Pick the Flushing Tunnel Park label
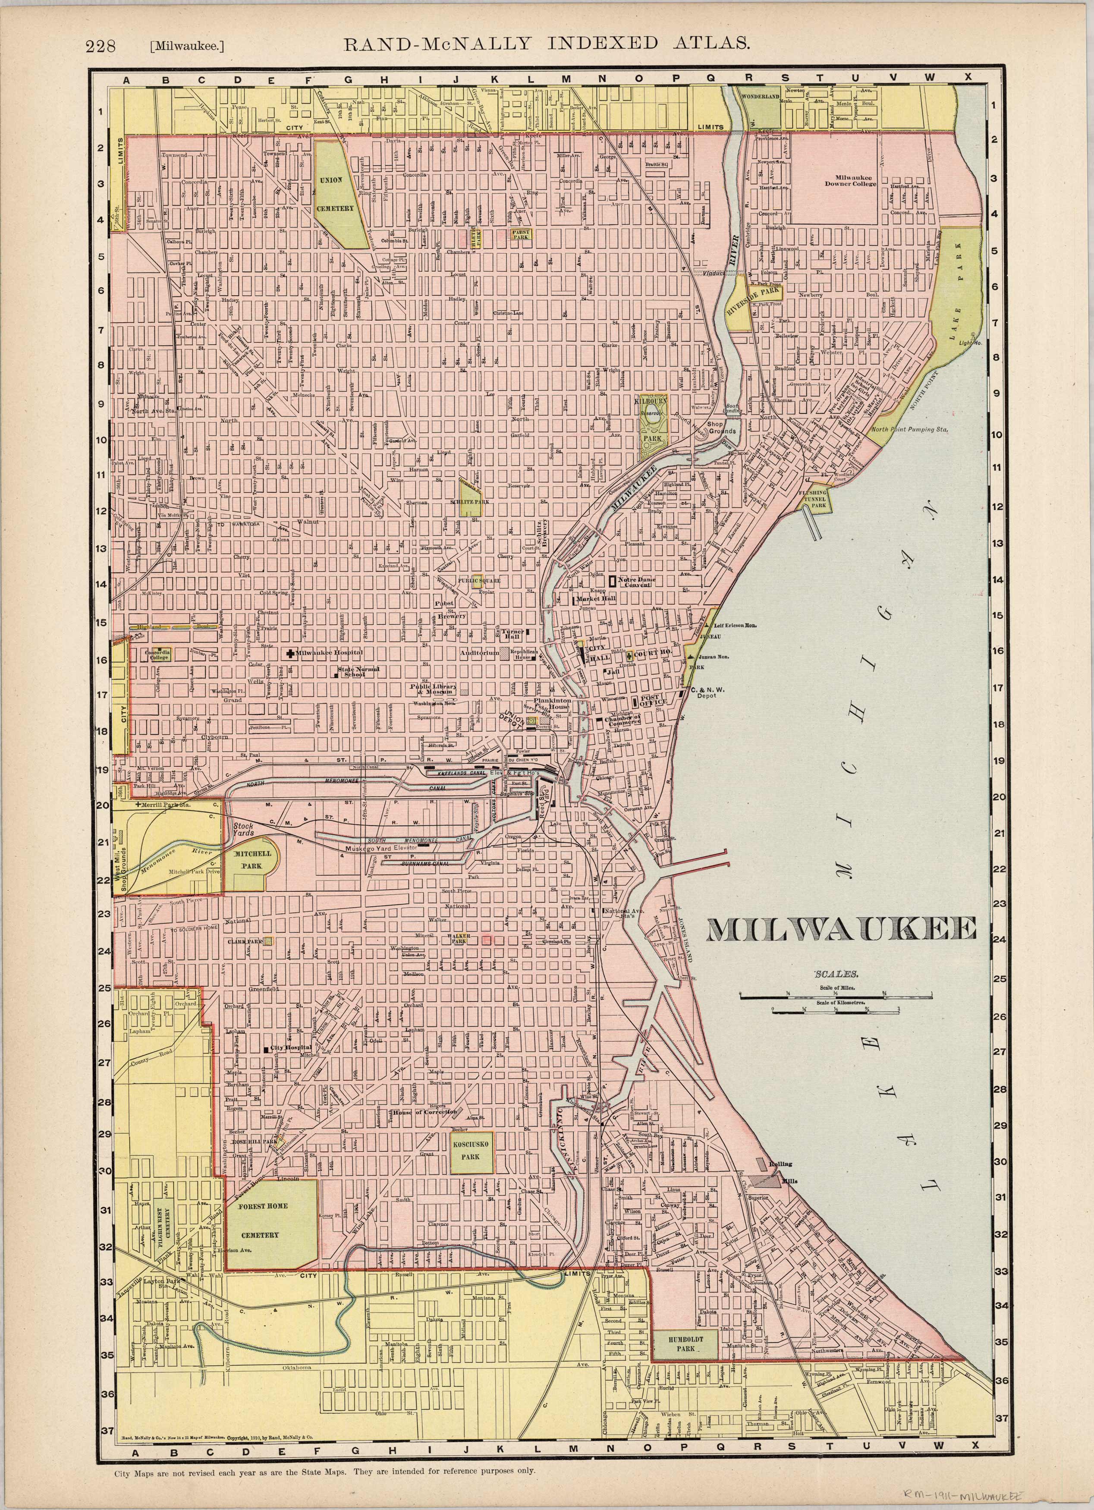click(x=813, y=496)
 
